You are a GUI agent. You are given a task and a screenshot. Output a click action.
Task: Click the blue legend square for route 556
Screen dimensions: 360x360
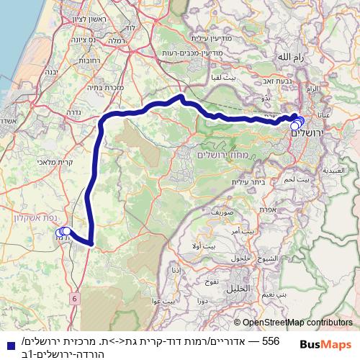9,345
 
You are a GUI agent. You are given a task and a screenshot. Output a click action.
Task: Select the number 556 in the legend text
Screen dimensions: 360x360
270,339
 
